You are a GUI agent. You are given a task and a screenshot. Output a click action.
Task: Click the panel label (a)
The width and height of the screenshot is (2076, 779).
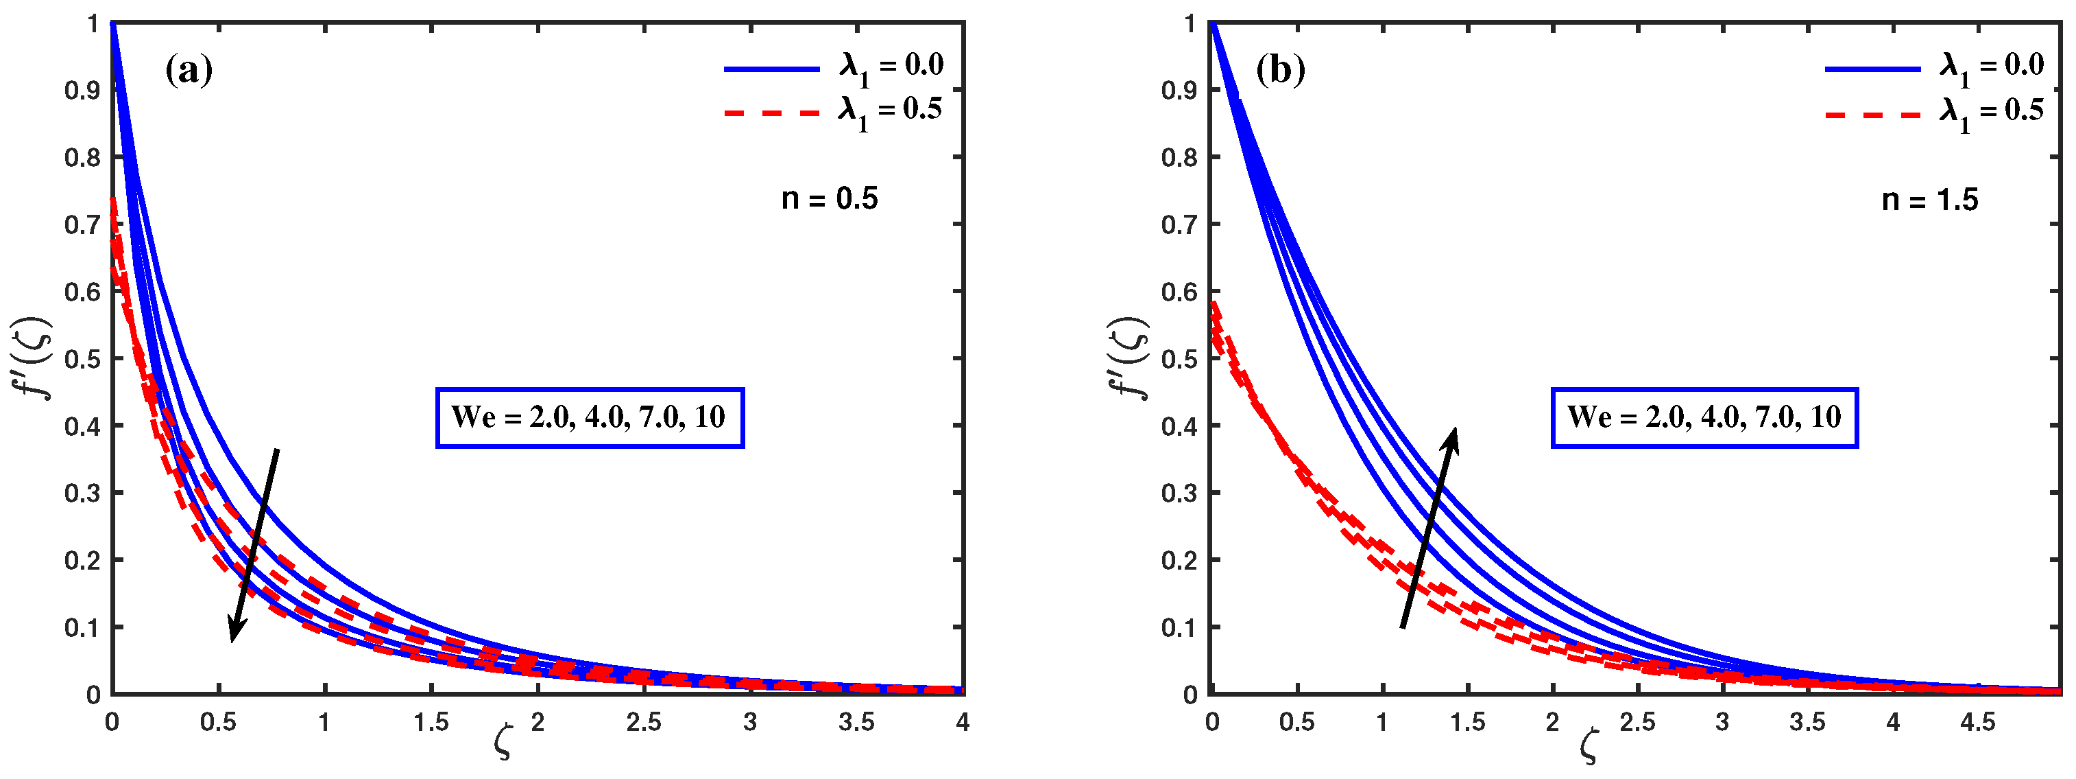pos(189,71)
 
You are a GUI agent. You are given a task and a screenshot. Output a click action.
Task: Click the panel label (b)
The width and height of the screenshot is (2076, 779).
pos(1281,71)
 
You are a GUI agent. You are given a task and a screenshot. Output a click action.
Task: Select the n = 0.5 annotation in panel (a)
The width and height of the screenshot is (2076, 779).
pos(830,198)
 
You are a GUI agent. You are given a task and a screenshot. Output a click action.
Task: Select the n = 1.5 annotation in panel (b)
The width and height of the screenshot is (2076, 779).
pos(1929,199)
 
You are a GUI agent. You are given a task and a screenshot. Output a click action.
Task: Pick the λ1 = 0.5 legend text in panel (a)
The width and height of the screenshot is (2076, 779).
pos(890,111)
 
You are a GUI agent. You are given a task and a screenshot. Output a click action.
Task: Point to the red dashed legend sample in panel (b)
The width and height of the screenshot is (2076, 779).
pos(1872,115)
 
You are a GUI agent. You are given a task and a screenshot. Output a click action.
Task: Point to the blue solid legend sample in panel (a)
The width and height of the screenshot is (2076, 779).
pos(771,69)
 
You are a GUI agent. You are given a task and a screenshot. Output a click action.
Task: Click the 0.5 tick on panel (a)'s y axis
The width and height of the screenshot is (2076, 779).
pos(82,359)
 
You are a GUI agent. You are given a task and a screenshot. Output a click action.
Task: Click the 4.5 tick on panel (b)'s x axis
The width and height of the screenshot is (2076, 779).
pos(1978,723)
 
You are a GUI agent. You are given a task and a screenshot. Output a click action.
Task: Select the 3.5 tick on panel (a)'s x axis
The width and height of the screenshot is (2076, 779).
pos(856,723)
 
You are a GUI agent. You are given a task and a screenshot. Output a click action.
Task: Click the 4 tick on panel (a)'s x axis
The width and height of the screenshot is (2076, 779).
pos(963,723)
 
